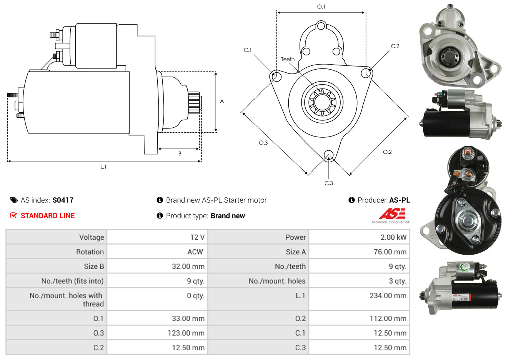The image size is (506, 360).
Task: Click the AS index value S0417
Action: pos(63,200)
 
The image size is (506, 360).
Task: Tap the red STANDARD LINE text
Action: pos(47,216)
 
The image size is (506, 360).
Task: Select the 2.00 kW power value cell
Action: pos(393,237)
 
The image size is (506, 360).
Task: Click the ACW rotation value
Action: pos(195,252)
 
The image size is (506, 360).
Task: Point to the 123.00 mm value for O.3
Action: pos(186,333)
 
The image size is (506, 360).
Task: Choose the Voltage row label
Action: pos(92,237)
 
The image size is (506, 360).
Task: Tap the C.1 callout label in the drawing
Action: pos(248,50)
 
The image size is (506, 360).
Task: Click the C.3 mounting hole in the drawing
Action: pos(328,155)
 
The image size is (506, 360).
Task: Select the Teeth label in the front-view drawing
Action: pos(288,59)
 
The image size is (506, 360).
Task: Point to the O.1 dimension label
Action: pos(321,7)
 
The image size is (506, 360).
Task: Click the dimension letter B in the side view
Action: pos(180,153)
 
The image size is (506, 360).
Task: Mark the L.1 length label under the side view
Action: pos(103,167)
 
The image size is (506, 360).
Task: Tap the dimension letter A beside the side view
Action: pos(222,101)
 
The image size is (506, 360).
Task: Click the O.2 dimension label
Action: pos(387,152)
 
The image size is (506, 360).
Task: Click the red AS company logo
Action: pos(392,214)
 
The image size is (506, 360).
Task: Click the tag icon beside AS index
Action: pos(14,200)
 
